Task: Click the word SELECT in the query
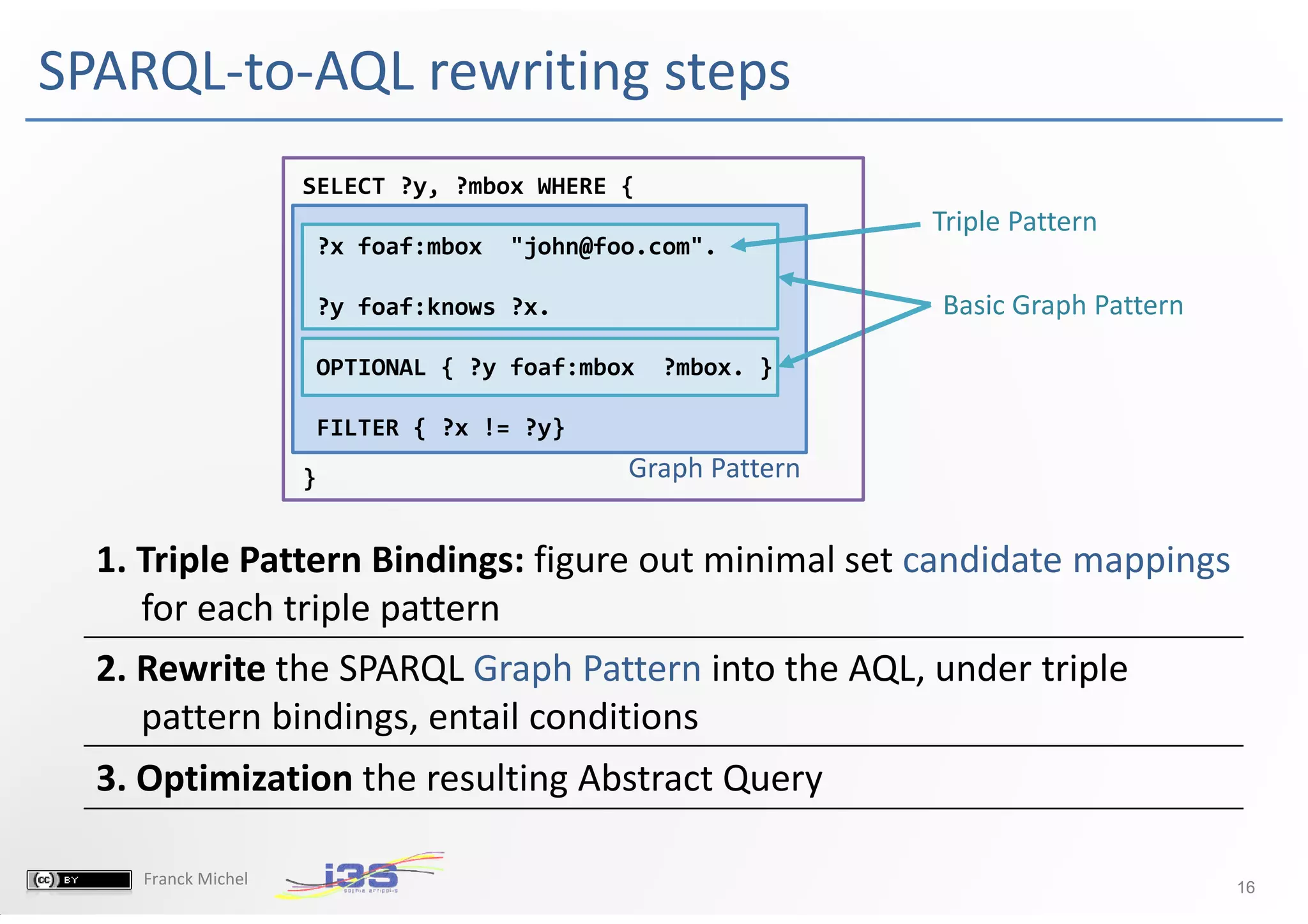click(343, 186)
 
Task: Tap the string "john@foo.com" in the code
click(606, 246)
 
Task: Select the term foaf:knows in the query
click(426, 307)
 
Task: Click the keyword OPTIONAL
click(370, 368)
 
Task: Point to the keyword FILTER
click(357, 428)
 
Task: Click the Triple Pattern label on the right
click(1014, 222)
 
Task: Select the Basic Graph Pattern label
click(1063, 305)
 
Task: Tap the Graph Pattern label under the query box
click(713, 468)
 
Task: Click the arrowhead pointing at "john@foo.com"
click(738, 245)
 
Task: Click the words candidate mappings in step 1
click(1066, 560)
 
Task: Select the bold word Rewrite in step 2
click(201, 669)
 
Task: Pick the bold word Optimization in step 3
click(244, 778)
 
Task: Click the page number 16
click(1245, 887)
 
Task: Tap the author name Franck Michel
click(195, 879)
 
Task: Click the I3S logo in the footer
click(361, 875)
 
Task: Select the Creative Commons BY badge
click(79, 880)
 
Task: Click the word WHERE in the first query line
click(571, 186)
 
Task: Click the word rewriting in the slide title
click(539, 72)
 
